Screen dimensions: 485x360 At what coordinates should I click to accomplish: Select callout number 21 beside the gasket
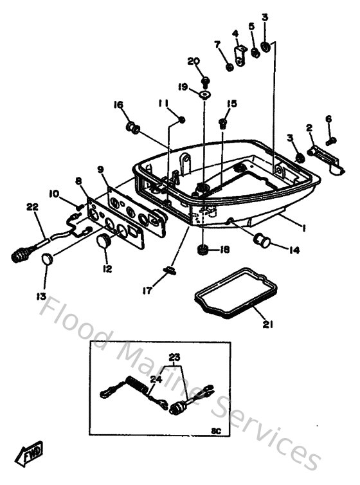(267, 324)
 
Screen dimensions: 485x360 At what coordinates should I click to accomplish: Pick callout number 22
(32, 206)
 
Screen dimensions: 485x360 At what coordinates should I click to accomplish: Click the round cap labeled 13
(47, 259)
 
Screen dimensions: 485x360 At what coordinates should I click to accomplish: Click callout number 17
(148, 291)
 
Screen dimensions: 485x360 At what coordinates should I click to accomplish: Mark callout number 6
(328, 118)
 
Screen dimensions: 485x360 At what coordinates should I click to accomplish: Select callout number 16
(118, 105)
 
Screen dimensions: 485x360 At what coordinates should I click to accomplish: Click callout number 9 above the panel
(101, 170)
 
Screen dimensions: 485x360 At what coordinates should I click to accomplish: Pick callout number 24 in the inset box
(155, 380)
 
